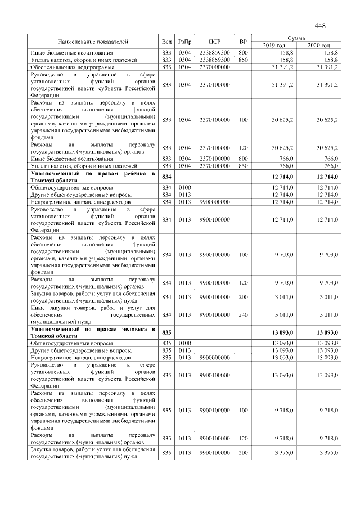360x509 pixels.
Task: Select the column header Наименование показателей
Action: pos(93,42)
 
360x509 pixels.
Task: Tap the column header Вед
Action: pos(166,42)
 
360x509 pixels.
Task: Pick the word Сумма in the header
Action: pos(296,38)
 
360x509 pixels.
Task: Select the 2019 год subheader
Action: pos(274,45)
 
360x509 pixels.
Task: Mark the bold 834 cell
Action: pos(166,178)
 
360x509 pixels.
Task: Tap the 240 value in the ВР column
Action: pos(243,314)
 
